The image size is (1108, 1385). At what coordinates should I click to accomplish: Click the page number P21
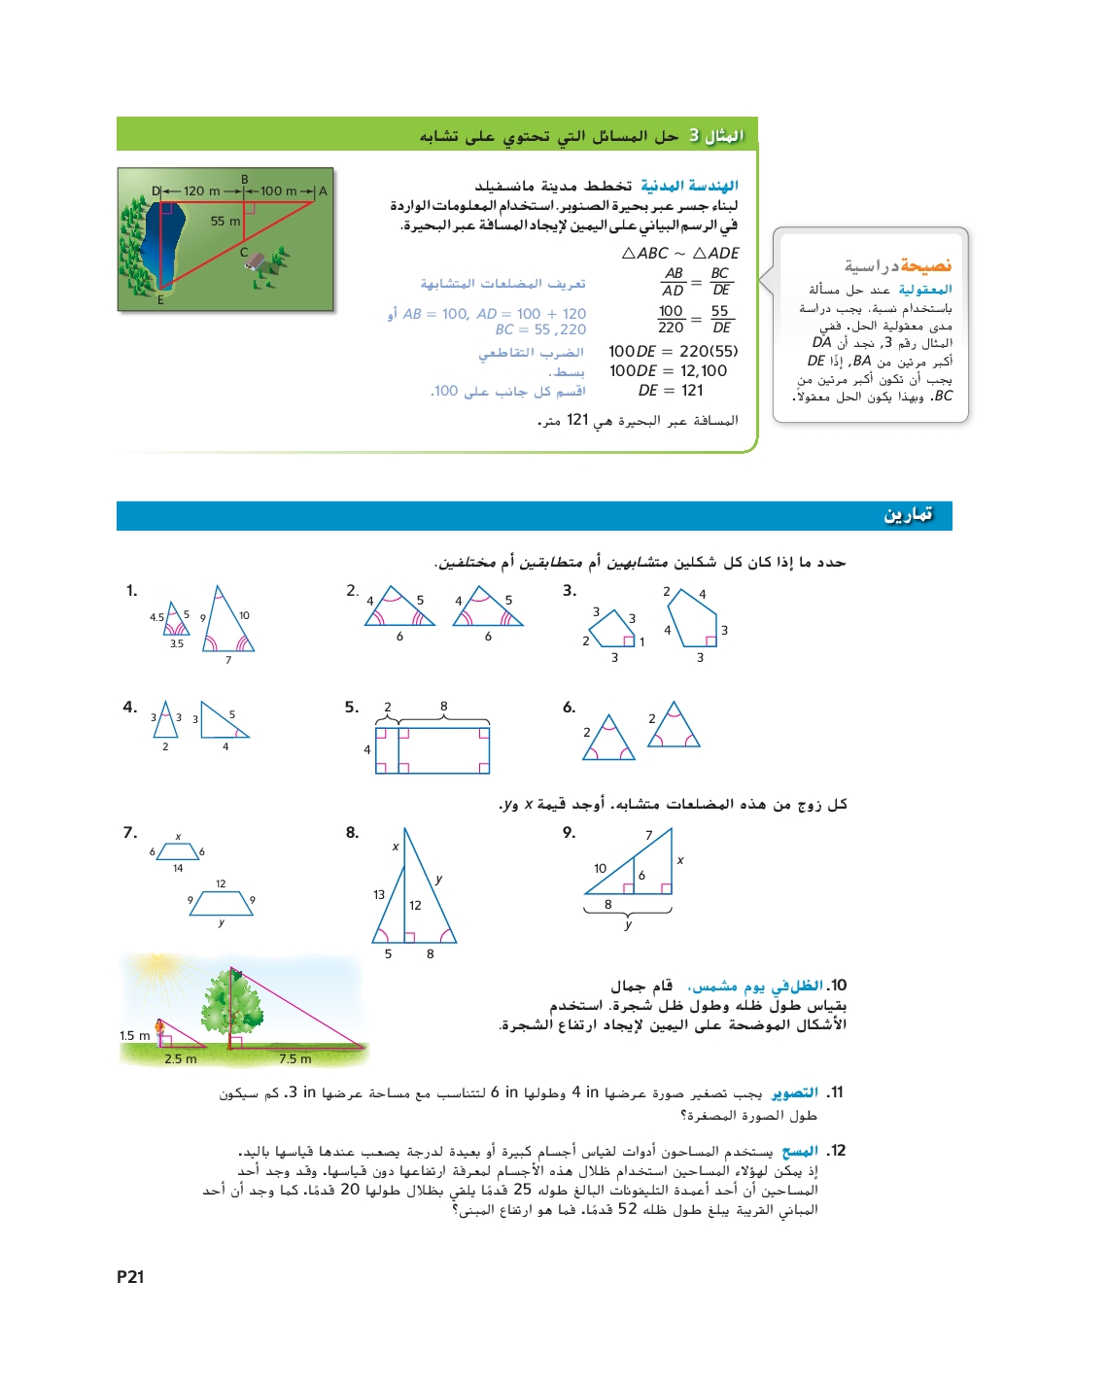pyautogui.click(x=130, y=1277)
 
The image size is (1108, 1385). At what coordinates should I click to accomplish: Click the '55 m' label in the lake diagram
pyautogui.click(x=225, y=222)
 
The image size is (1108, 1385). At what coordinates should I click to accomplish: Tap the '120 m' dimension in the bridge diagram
pyautogui.click(x=201, y=191)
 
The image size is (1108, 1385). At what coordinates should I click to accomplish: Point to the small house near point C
pyautogui.click(x=256, y=260)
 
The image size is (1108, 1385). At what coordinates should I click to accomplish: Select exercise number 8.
pyautogui.click(x=352, y=833)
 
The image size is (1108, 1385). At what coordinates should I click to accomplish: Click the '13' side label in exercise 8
pyautogui.click(x=379, y=895)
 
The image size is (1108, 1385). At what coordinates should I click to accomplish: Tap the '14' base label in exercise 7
pyautogui.click(x=178, y=869)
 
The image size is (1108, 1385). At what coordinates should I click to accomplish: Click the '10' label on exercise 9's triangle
pyautogui.click(x=600, y=869)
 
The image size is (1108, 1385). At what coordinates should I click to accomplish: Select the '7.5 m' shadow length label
pyautogui.click(x=294, y=1059)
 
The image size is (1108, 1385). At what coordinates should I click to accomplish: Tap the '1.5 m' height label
pyautogui.click(x=134, y=1036)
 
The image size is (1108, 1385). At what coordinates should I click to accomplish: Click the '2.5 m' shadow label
pyautogui.click(x=180, y=1059)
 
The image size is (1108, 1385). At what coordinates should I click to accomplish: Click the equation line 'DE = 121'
pyautogui.click(x=671, y=391)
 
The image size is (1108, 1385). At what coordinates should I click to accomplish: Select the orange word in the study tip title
pyautogui.click(x=925, y=265)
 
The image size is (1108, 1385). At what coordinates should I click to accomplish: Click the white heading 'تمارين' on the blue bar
pyautogui.click(x=908, y=515)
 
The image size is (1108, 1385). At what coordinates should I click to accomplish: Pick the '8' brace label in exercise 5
pyautogui.click(x=444, y=707)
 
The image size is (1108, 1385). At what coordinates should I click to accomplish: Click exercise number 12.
pyautogui.click(x=836, y=1151)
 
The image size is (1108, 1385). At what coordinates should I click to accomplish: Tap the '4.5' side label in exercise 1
pyautogui.click(x=156, y=617)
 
